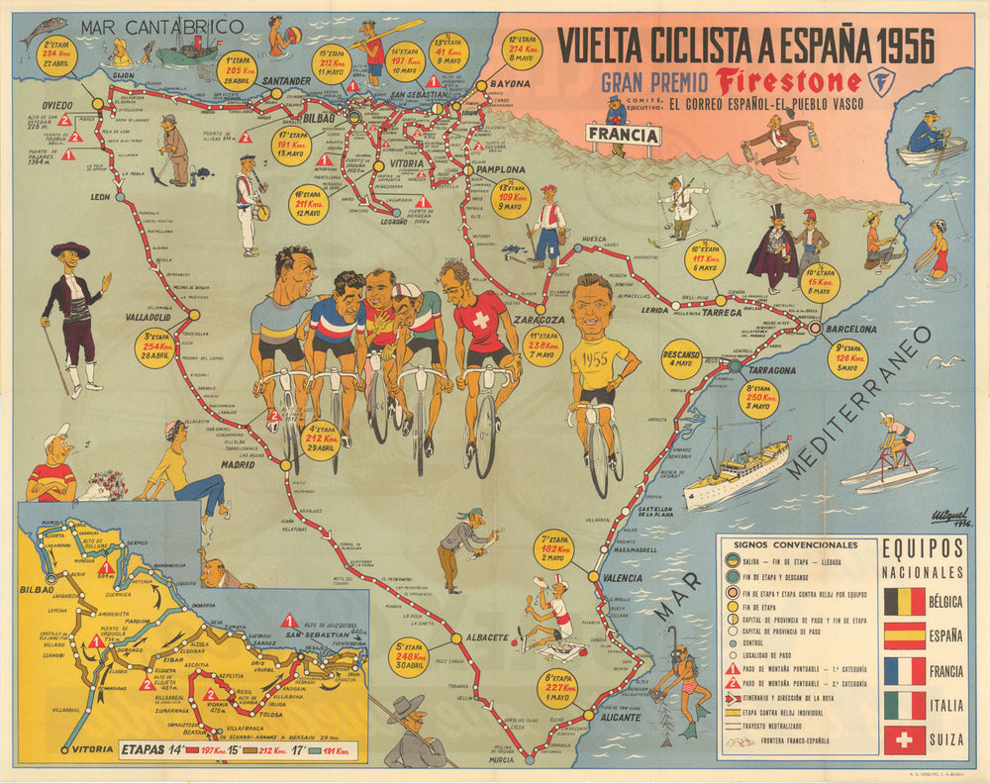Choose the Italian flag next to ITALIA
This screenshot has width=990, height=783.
tap(905, 705)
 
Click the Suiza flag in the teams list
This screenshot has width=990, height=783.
tap(905, 739)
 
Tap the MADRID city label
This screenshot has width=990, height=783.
tap(238, 464)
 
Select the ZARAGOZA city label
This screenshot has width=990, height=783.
tap(539, 320)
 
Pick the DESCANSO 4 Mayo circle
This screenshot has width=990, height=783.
tap(682, 355)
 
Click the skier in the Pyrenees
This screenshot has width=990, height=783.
tap(684, 210)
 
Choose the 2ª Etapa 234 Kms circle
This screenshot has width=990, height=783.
tap(56, 56)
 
